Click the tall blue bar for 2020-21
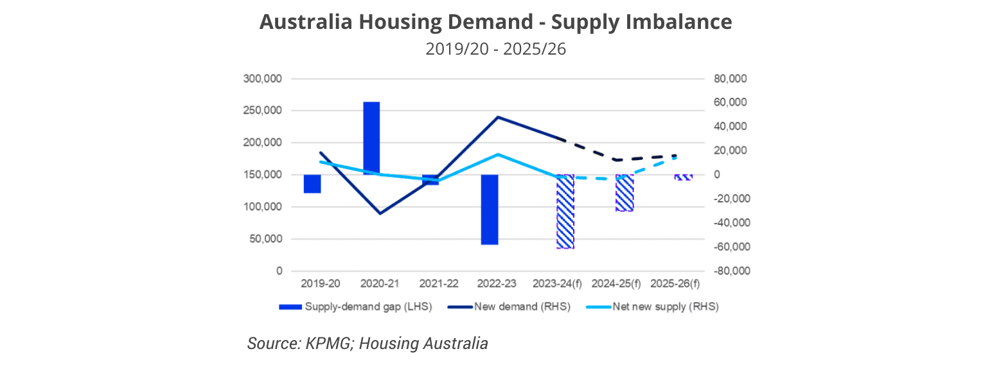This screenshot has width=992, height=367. pyautogui.click(x=371, y=138)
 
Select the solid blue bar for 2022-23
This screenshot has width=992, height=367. pyautogui.click(x=490, y=209)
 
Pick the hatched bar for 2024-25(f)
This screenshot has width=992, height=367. pyautogui.click(x=624, y=192)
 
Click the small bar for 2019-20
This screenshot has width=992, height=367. pyautogui.click(x=312, y=183)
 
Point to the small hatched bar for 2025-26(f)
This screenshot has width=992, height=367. pyautogui.click(x=683, y=177)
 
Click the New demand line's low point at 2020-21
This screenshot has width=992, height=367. pyautogui.click(x=380, y=213)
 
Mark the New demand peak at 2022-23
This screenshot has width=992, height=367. pyautogui.click(x=499, y=117)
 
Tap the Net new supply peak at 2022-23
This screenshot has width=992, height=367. pyautogui.click(x=499, y=154)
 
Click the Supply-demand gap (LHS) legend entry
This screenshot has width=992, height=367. pyautogui.click(x=355, y=307)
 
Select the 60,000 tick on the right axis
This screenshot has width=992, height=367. pyautogui.click(x=732, y=103)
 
